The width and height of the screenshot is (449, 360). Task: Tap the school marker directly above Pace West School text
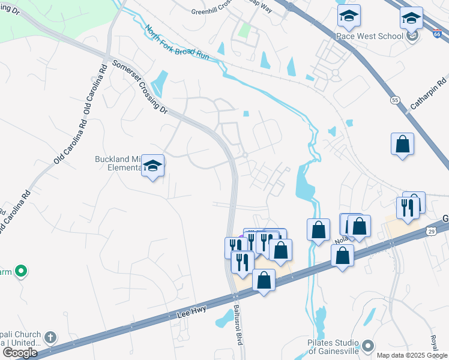pyautogui.click(x=348, y=19)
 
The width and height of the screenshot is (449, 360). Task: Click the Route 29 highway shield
pyautogui.click(x=432, y=230)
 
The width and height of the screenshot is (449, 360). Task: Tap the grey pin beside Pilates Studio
pyautogui.click(x=368, y=346)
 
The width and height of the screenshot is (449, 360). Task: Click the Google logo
pyautogui.click(x=20, y=352)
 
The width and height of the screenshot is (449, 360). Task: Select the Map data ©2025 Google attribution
pyautogui.click(x=411, y=355)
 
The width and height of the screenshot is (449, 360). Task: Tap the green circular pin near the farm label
pyautogui.click(x=21, y=272)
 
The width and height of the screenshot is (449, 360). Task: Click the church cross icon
pyautogui.click(x=50, y=337)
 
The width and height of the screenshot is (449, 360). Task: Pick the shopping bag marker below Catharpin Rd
pyautogui.click(x=402, y=145)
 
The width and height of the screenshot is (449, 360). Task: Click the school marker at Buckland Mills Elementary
pyautogui.click(x=153, y=166)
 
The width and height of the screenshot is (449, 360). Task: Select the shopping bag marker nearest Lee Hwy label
pyautogui.click(x=264, y=280)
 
